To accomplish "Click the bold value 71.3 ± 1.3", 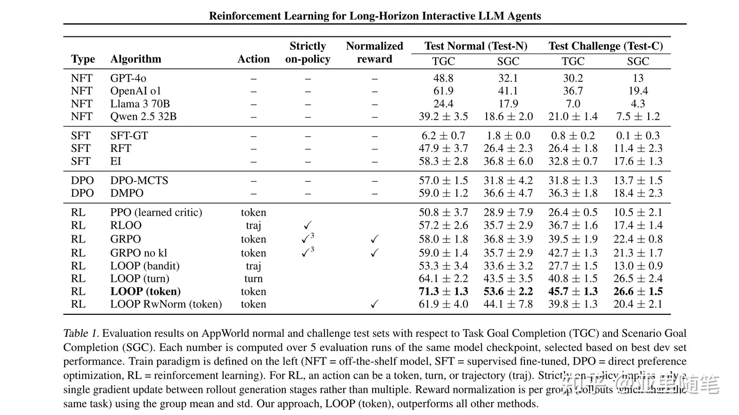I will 443,291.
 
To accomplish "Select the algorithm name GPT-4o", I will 128,78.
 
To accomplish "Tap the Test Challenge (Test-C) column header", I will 606,46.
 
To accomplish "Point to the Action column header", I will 254,59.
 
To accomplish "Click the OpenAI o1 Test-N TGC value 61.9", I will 443,91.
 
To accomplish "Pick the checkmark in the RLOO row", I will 307,225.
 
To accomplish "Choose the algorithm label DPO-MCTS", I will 139,180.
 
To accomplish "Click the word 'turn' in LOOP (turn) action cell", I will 254,278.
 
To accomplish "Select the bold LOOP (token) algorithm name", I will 145,291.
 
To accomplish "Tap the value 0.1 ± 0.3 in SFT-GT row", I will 638,136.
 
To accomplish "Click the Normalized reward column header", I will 375,52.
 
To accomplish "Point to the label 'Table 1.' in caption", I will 82,333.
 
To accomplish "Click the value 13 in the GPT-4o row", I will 638,78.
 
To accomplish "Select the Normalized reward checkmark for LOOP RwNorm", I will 375,304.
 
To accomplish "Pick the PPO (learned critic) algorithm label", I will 156,212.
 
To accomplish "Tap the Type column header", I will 83,59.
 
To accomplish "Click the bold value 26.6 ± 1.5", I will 638,291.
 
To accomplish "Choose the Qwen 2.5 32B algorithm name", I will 143,117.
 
